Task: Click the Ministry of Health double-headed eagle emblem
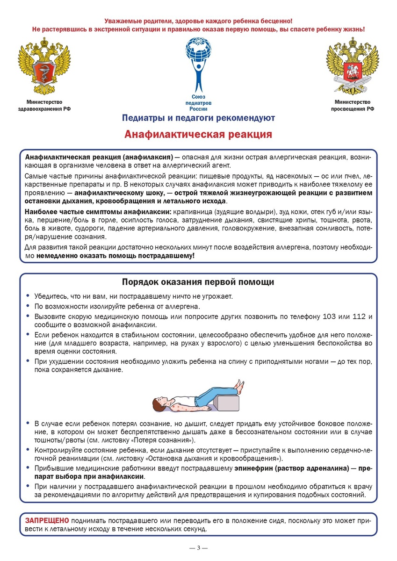[x=45, y=66]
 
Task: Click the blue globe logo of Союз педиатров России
[x=198, y=63]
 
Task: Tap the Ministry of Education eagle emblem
[x=352, y=66]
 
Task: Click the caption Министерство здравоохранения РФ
[x=45, y=105]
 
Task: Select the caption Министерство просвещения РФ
[x=352, y=105]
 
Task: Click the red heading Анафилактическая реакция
[x=198, y=134]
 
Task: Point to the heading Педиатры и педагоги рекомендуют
[x=198, y=118]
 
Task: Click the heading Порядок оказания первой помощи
[x=198, y=282]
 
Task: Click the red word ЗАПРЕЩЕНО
[x=47, y=520]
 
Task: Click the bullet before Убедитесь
[x=29, y=296]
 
